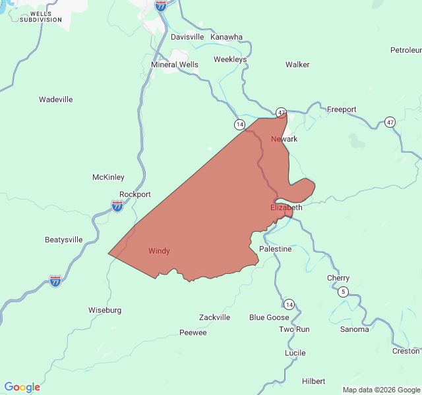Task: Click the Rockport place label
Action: tap(135, 194)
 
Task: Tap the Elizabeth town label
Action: tap(286, 207)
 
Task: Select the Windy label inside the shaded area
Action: tap(159, 251)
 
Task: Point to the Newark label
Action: tap(284, 139)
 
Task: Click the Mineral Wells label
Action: tap(175, 65)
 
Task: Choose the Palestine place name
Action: tap(275, 249)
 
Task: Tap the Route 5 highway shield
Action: tap(343, 292)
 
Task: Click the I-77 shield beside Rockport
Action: tap(117, 206)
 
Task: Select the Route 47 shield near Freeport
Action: tap(390, 122)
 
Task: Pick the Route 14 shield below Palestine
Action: tap(289, 303)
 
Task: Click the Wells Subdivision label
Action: tap(41, 16)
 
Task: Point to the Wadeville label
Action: tap(55, 99)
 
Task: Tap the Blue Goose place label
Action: tap(269, 317)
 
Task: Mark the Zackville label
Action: tap(215, 317)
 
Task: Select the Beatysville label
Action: tap(64, 240)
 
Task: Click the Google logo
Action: tap(22, 387)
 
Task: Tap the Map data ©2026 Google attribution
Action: tap(380, 390)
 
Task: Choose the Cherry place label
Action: tap(338, 278)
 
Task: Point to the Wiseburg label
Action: tap(105, 309)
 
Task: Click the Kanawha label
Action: tap(227, 37)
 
